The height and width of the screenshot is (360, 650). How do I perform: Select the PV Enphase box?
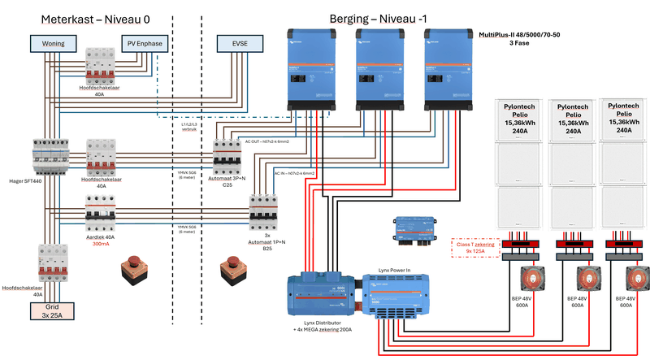[145, 42]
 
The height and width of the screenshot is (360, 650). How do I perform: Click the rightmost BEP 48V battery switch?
[634, 279]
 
